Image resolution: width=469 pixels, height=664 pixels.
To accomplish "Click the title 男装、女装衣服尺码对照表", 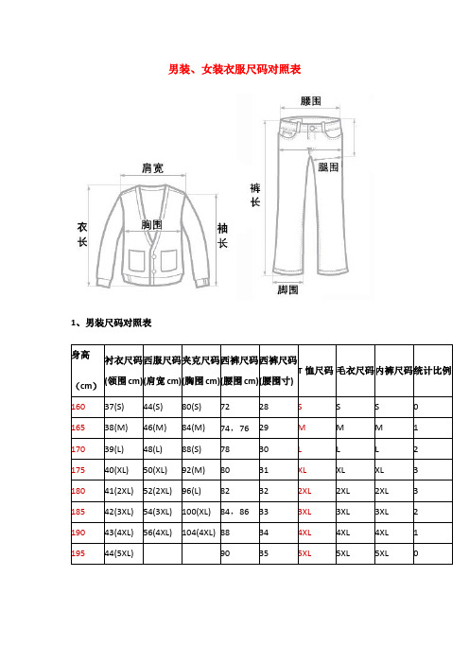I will pyautogui.click(x=234, y=69).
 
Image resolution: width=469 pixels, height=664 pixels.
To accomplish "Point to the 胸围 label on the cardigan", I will pyautogui.click(x=151, y=225).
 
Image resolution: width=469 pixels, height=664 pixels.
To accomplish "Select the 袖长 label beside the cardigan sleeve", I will pyautogui.click(x=223, y=236).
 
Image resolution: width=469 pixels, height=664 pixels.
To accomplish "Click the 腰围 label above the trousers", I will pyautogui.click(x=310, y=100).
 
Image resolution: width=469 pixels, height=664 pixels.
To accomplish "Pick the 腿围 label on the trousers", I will pyautogui.click(x=329, y=166).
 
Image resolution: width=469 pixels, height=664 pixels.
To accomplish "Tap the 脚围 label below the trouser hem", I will pyautogui.click(x=288, y=288).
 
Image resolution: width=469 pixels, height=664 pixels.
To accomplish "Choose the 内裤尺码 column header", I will pyautogui.click(x=394, y=370).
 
